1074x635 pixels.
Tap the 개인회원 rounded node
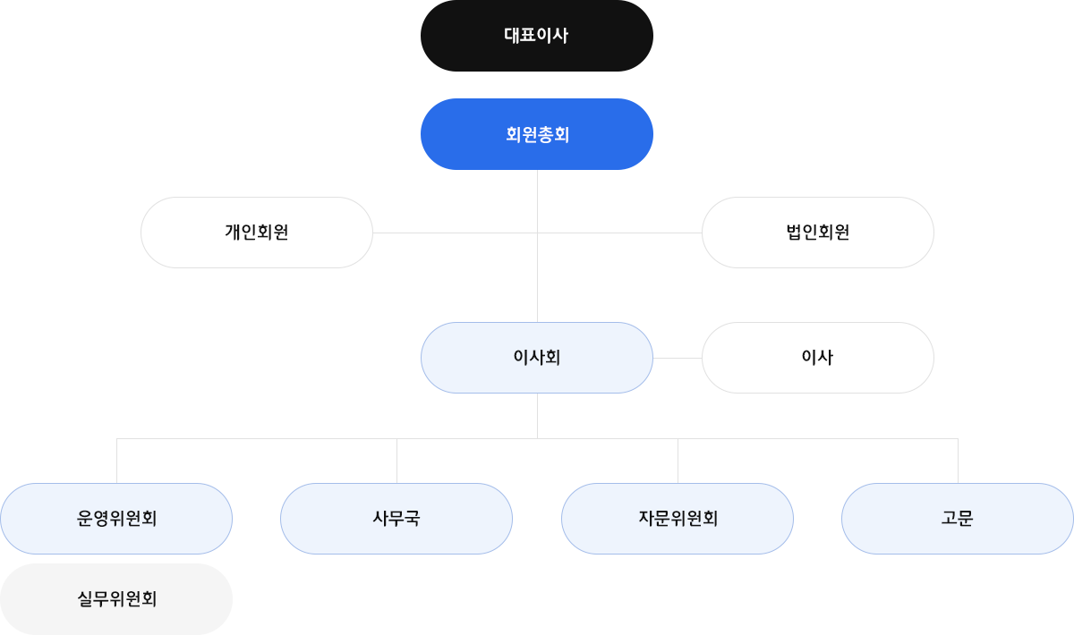click(x=256, y=233)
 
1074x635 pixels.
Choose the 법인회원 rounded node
click(x=817, y=233)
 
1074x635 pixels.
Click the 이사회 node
click(x=537, y=358)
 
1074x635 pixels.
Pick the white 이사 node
click(x=817, y=358)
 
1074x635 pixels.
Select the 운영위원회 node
click(x=116, y=519)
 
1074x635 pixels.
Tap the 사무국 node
click(x=396, y=519)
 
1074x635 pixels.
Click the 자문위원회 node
click(x=678, y=519)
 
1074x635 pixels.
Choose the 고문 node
click(x=958, y=519)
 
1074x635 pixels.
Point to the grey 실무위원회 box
click(x=116, y=598)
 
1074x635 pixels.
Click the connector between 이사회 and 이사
click(x=678, y=358)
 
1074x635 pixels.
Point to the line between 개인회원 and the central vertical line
click(x=455, y=233)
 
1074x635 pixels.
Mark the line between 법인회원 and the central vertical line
click(x=619, y=233)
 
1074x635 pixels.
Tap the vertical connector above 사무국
click(x=396, y=460)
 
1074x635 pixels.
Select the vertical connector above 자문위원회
click(x=678, y=460)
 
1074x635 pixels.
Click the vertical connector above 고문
click(x=958, y=460)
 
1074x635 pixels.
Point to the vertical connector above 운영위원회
click(x=116, y=460)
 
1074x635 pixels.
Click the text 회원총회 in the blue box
click(x=537, y=134)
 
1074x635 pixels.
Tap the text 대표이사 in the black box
click(x=536, y=36)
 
